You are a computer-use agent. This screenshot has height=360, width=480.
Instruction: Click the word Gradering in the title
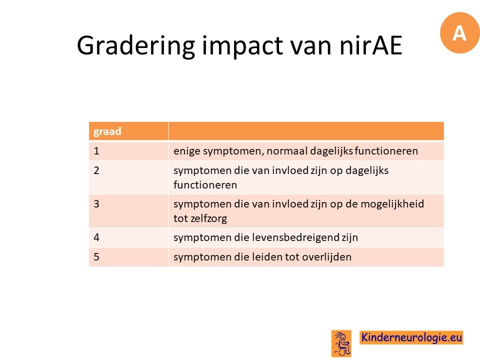[135, 46]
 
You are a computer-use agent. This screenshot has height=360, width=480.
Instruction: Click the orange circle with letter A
[459, 33]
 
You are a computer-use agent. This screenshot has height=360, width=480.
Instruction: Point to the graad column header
[107, 131]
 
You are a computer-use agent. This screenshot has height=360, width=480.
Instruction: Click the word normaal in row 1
[287, 151]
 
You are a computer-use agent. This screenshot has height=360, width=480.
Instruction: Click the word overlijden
[326, 257]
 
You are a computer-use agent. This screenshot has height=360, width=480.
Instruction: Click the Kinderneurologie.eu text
[411, 337]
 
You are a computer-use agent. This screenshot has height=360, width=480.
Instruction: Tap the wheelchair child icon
[341, 343]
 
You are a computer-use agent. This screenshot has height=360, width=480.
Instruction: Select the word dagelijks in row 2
[366, 171]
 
